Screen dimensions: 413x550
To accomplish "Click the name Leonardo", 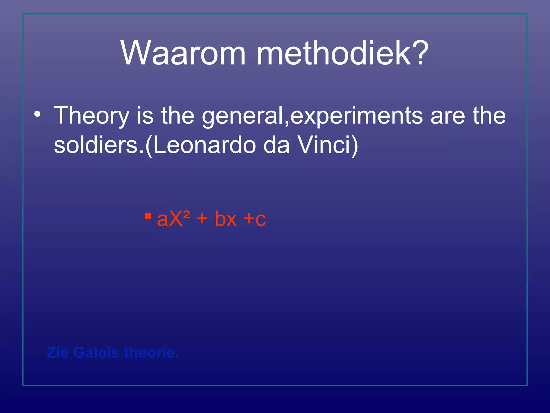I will tap(204, 145).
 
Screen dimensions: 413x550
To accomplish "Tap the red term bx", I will tap(226, 219).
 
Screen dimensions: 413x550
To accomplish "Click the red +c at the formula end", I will tap(255, 219).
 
